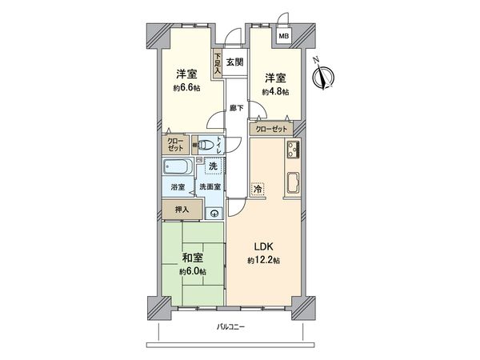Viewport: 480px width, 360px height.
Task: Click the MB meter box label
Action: (x=283, y=36)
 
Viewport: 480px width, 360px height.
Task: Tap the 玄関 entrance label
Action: (x=234, y=62)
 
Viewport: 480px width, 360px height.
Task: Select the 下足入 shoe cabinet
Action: (x=218, y=63)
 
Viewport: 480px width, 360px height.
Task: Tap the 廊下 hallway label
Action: (x=235, y=106)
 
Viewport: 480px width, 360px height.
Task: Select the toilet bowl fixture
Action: (x=207, y=146)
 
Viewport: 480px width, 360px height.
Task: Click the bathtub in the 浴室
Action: (x=178, y=167)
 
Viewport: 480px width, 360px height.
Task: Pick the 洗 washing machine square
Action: (x=213, y=166)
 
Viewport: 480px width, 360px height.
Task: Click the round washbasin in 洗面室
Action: (x=214, y=212)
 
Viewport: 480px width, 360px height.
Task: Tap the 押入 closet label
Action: (x=182, y=210)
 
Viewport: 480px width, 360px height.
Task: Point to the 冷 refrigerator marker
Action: (x=258, y=189)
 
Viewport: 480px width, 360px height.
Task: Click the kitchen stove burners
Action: (x=291, y=149)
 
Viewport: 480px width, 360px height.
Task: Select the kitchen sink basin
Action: (x=292, y=182)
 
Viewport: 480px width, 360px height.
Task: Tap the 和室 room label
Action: (x=191, y=258)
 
